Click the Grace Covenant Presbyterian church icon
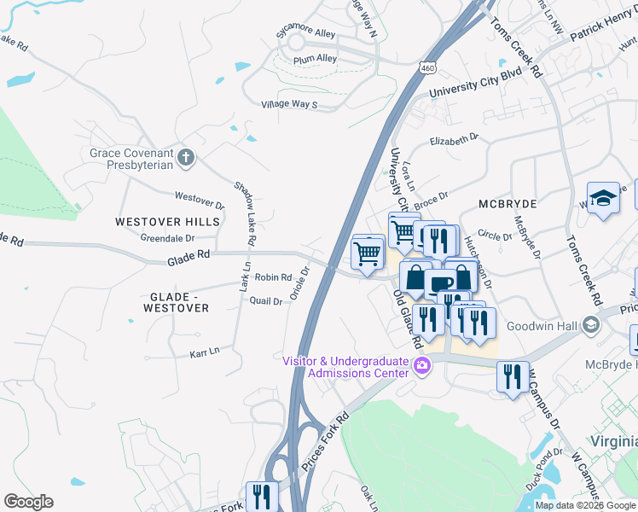pyautogui.click(x=185, y=156)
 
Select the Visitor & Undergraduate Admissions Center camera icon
pyautogui.click(x=421, y=366)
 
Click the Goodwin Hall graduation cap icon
pyautogui.click(x=589, y=325)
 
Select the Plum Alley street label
pyautogui.click(x=316, y=59)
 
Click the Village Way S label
pyautogui.click(x=289, y=105)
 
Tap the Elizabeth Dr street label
pyautogui.click(x=455, y=140)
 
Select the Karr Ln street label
pyautogui.click(x=204, y=351)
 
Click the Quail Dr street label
pyautogui.click(x=265, y=300)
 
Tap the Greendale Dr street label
pyautogui.click(x=167, y=240)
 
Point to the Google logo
pyautogui.click(x=28, y=502)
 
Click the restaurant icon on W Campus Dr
pyautogui.click(x=511, y=375)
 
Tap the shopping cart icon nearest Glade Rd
pyautogui.click(x=367, y=253)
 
